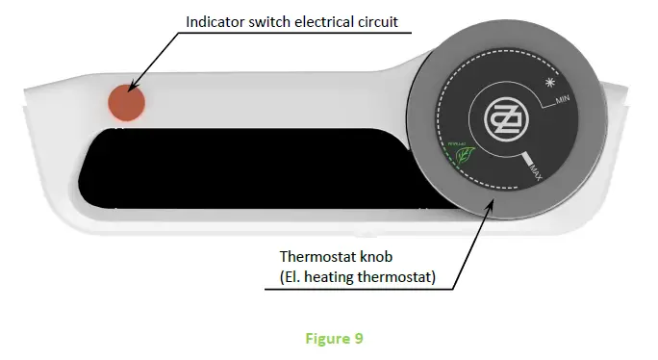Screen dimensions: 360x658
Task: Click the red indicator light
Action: coord(125,102)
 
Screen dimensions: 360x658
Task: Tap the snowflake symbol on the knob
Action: coord(552,83)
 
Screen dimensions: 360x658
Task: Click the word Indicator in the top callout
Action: coord(213,20)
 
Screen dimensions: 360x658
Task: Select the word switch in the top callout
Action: coord(269,20)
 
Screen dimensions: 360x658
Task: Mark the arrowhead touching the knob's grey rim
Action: coord(492,200)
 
